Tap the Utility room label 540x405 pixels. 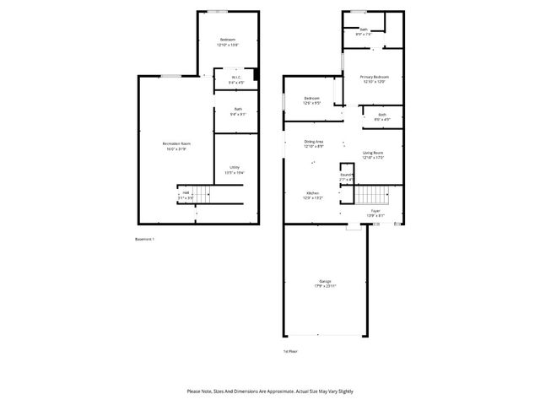coord(234,170)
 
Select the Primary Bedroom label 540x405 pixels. coord(375,78)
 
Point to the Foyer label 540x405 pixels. coord(375,213)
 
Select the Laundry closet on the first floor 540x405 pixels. coord(346,176)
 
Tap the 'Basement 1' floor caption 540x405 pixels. coord(144,240)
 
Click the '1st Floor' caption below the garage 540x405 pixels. coord(290,350)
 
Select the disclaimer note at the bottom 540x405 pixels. coord(270,391)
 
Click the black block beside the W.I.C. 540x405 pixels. coord(256,82)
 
